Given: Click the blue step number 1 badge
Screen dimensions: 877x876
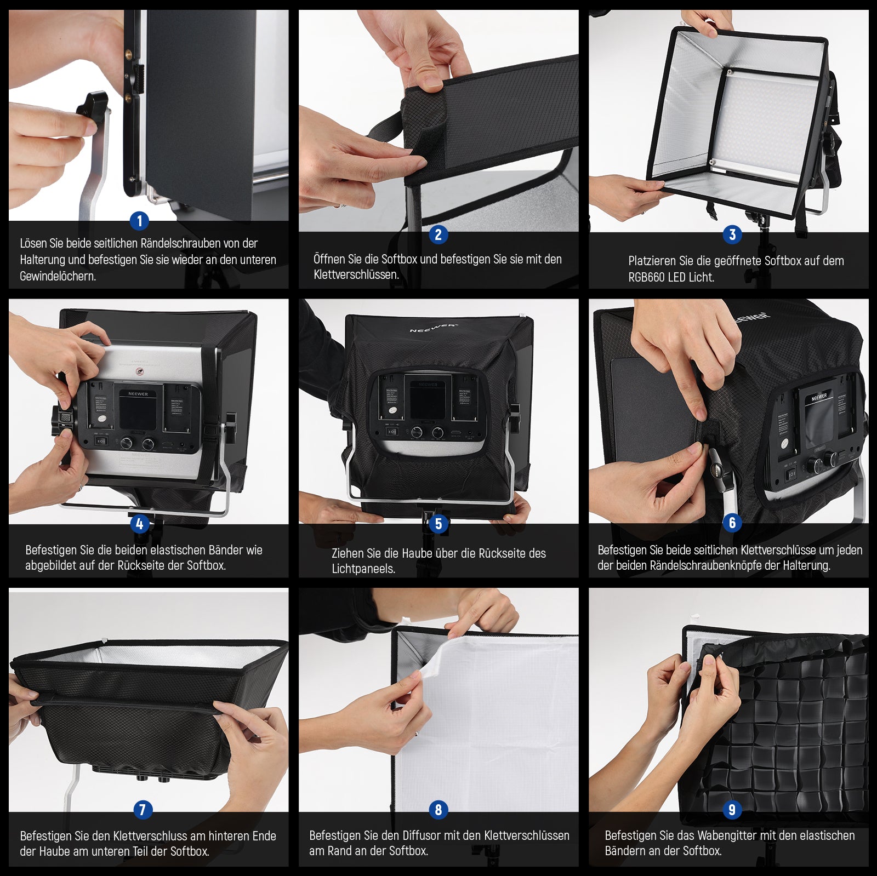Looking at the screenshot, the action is point(139,221).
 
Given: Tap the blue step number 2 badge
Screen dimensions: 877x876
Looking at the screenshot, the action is point(438,234).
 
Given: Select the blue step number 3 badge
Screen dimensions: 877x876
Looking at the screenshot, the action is point(732,234).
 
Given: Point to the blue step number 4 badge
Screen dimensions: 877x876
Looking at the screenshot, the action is point(139,524).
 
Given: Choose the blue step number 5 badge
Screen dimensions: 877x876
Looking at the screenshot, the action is point(438,524).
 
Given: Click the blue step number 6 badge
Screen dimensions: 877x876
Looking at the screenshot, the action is point(732,523).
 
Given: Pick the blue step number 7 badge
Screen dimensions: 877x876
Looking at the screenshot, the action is point(143,809).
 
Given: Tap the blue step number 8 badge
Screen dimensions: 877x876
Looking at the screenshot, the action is point(438,809).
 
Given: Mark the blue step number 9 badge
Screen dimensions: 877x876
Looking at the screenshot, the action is point(732,809).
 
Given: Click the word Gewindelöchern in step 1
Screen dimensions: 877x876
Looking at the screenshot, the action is point(58,276).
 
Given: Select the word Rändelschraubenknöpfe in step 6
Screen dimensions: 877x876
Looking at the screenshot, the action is point(714,565).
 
